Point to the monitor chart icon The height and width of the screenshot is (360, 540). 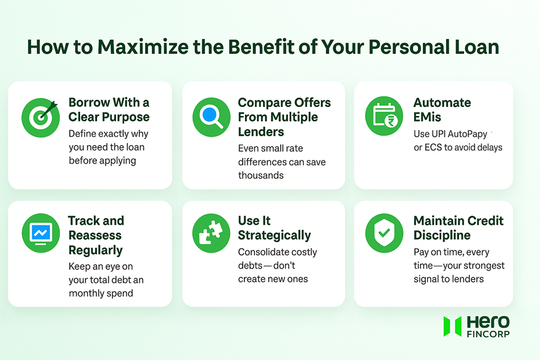tap(40, 234)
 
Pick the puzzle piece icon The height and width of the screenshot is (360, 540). tap(211, 234)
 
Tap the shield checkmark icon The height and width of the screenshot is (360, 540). tap(384, 234)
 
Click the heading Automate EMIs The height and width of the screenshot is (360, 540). tap(442, 110)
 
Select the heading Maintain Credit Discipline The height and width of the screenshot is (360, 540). tap(458, 228)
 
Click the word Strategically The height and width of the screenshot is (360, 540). tap(274, 235)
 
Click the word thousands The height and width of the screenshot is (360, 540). tap(260, 175)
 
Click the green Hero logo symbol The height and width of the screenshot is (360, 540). tap(452, 327)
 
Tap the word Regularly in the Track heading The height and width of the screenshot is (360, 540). tap(95, 250)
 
